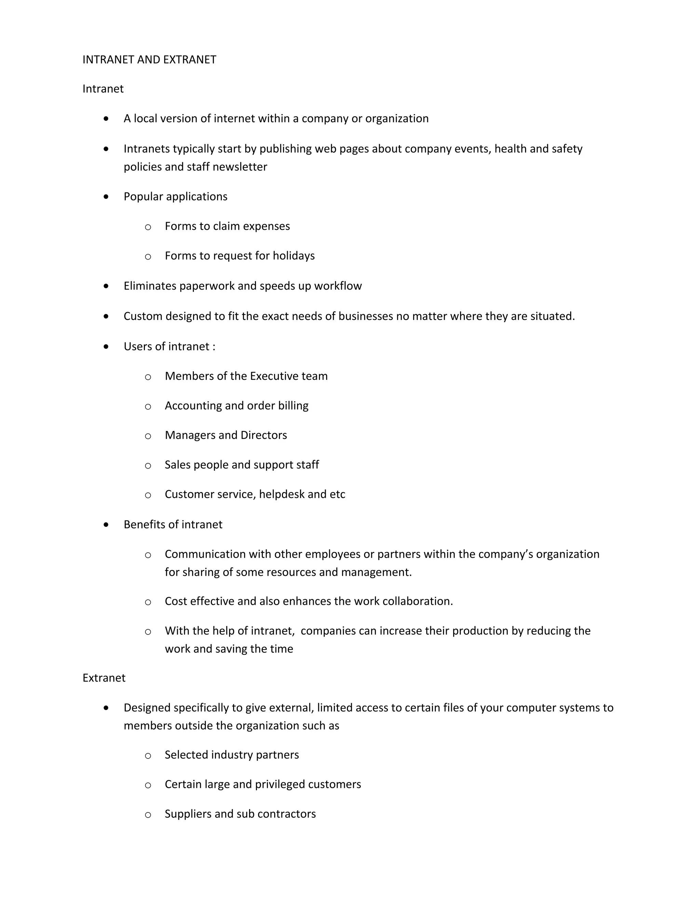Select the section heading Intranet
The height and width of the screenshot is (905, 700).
click(x=103, y=89)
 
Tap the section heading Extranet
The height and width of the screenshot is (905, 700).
click(x=104, y=678)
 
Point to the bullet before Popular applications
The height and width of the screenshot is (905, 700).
click(x=107, y=196)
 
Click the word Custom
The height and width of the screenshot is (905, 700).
click(x=143, y=316)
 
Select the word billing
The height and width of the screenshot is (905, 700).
click(x=293, y=406)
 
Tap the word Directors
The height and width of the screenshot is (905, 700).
click(x=264, y=435)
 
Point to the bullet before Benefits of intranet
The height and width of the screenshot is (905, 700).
click(x=107, y=525)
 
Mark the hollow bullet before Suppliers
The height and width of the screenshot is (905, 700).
click(x=148, y=814)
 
